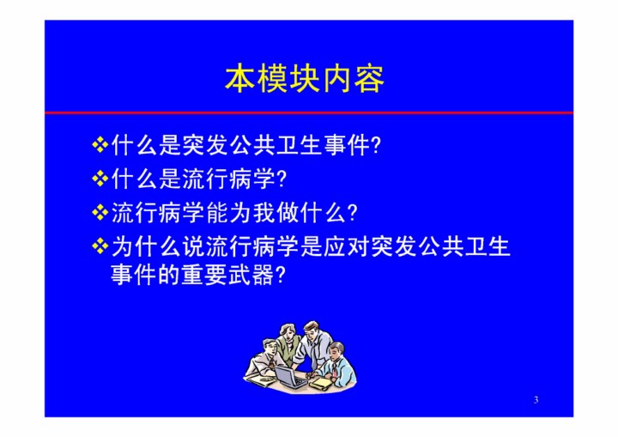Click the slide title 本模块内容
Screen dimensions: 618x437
point(304,79)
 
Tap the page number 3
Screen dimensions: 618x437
point(536,399)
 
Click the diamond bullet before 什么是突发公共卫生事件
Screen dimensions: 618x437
point(100,145)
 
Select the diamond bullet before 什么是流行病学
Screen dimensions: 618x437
point(100,179)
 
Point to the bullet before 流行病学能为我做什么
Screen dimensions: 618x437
point(100,213)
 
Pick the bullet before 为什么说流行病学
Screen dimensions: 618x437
point(100,246)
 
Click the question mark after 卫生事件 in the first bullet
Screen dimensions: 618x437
point(377,145)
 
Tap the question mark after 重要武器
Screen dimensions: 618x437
point(280,275)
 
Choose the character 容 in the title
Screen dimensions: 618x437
point(369,79)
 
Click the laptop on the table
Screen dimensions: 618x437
point(290,376)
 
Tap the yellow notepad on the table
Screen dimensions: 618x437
point(320,382)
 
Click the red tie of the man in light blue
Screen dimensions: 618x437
point(334,369)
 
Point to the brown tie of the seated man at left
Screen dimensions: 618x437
point(273,361)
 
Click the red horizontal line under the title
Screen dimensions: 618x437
point(309,112)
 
